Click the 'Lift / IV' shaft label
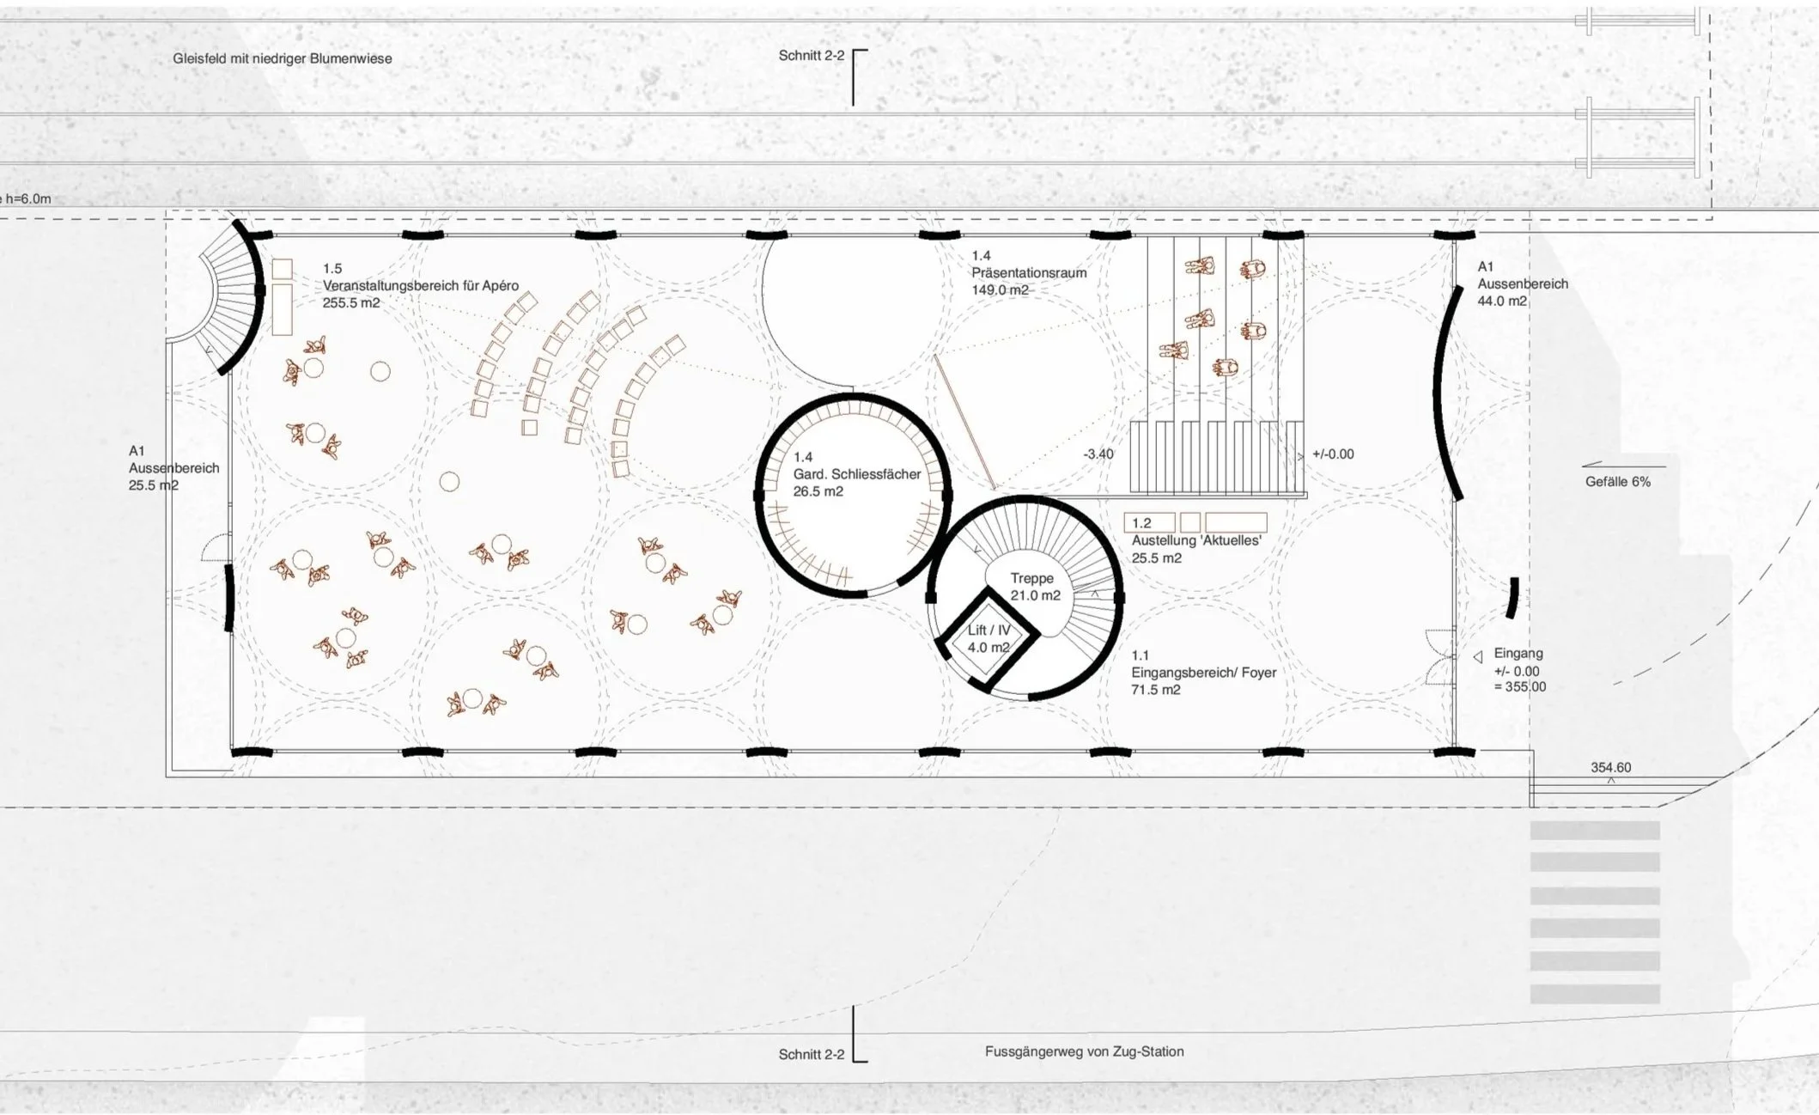coord(989,630)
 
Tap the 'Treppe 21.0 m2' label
coord(1035,587)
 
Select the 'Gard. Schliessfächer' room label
coord(857,474)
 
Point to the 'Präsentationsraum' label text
coord(1029,272)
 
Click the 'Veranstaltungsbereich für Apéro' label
coord(421,285)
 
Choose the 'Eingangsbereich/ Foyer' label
coord(1204,672)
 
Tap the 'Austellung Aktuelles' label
coord(1196,540)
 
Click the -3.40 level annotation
coord(1098,454)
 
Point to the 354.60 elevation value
coord(1610,767)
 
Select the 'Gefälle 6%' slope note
coord(1618,482)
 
